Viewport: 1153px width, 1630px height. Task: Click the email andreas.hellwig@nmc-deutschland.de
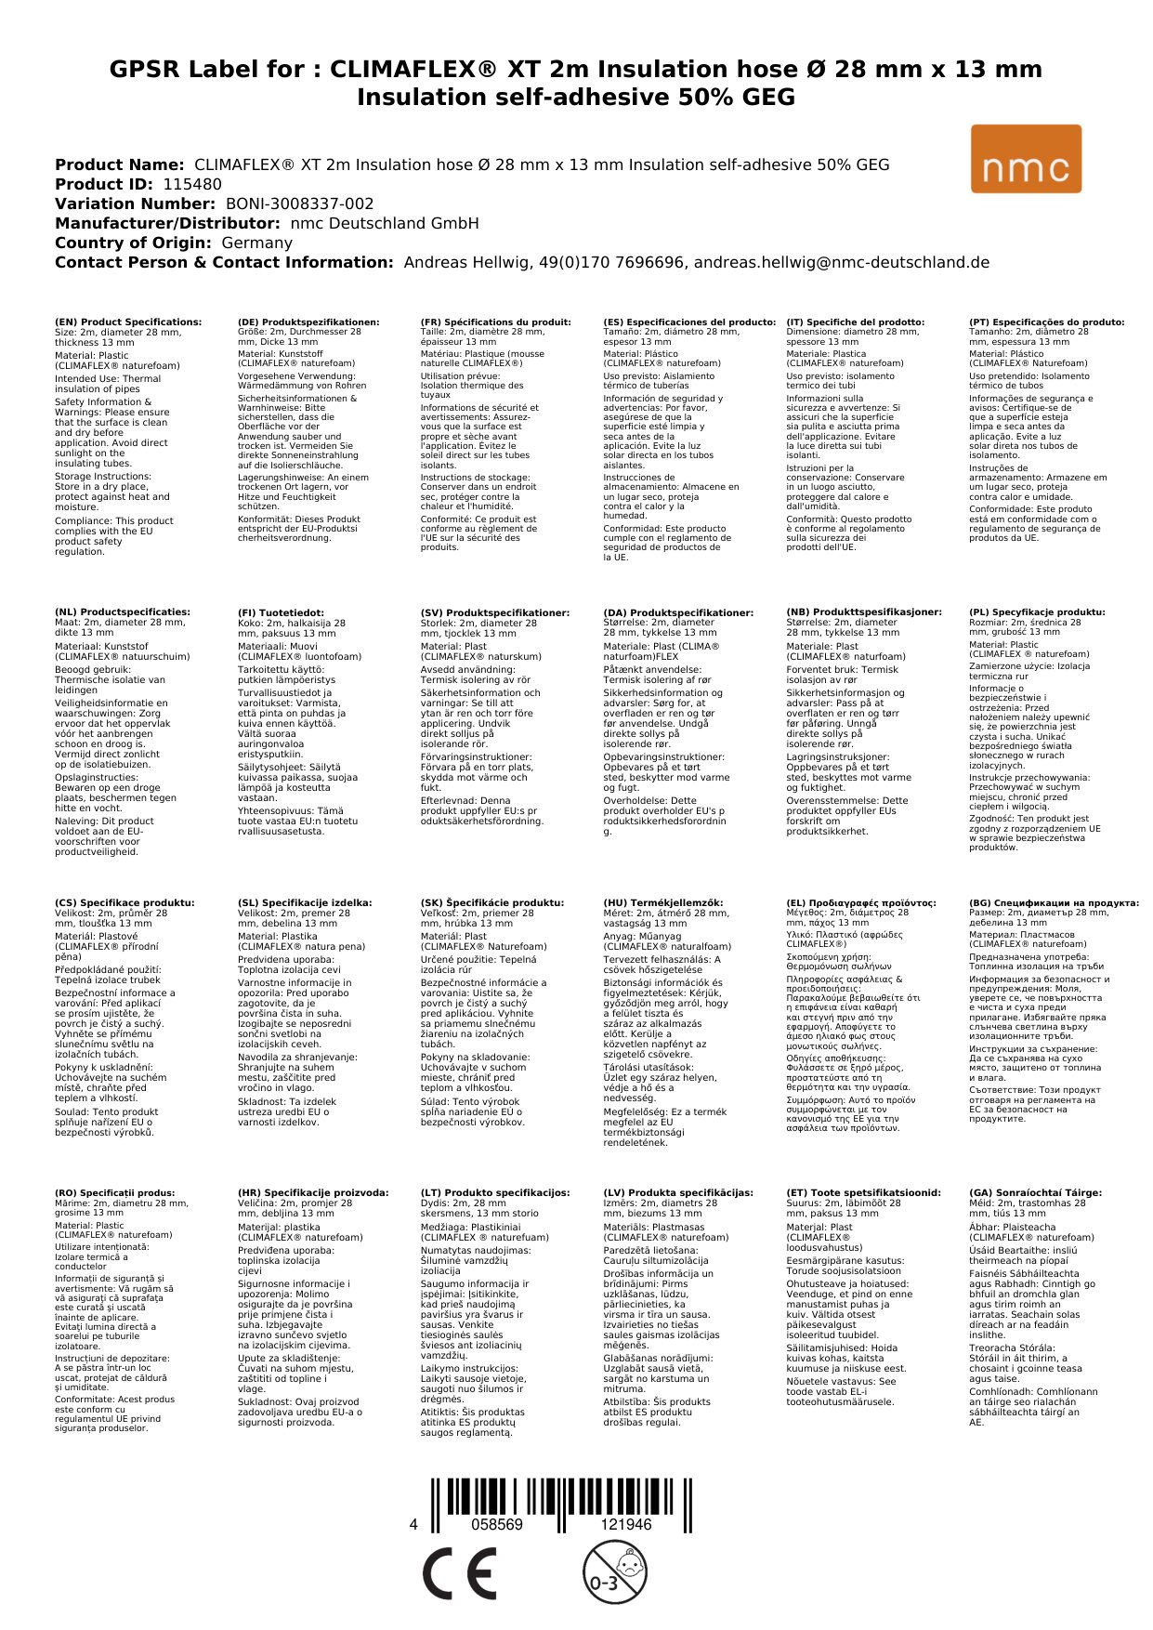point(842,262)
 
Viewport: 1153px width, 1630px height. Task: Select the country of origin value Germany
point(256,243)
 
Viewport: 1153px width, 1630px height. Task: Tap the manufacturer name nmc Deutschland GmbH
point(385,223)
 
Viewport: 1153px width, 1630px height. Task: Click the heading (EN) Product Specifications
point(128,322)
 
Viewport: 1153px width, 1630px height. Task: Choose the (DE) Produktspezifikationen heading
point(308,322)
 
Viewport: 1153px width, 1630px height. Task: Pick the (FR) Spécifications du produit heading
point(495,322)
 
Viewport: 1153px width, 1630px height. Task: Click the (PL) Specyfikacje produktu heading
point(1037,612)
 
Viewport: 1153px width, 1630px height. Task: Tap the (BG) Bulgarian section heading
point(1054,902)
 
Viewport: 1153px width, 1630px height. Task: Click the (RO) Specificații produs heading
point(115,1192)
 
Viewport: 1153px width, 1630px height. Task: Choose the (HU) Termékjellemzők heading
point(662,902)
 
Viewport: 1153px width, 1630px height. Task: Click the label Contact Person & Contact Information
point(224,262)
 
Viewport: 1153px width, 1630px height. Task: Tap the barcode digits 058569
point(497,1524)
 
